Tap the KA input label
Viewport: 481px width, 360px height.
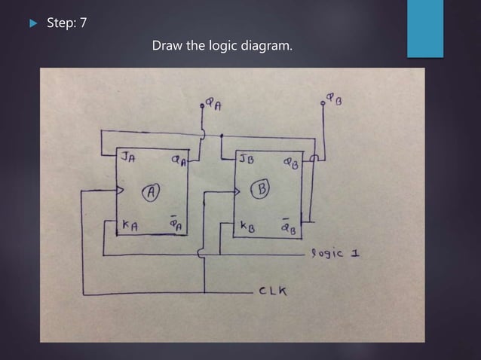130,225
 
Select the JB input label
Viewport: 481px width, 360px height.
247,159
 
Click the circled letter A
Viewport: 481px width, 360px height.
151,192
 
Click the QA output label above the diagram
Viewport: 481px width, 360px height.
213,106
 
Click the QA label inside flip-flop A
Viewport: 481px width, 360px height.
177,160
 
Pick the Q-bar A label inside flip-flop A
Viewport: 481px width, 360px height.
174,224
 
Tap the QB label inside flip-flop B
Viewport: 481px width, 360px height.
290,162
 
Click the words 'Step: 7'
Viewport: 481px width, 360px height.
66,23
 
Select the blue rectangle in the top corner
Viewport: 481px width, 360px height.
425,29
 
